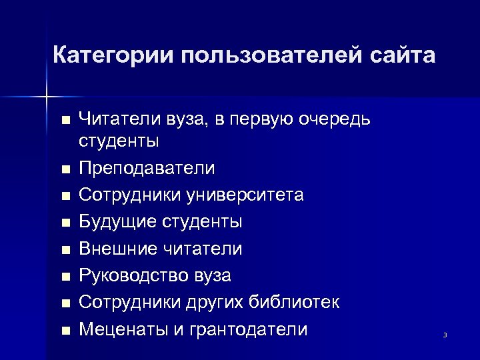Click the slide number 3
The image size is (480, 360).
pos(445,335)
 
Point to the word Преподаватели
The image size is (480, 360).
pos(147,168)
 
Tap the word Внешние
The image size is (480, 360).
pos(117,249)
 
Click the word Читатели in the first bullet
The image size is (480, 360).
pos(116,119)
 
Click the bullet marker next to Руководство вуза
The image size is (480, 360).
pos(64,277)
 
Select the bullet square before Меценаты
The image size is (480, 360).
pos(64,331)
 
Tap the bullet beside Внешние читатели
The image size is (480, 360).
pos(64,250)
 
